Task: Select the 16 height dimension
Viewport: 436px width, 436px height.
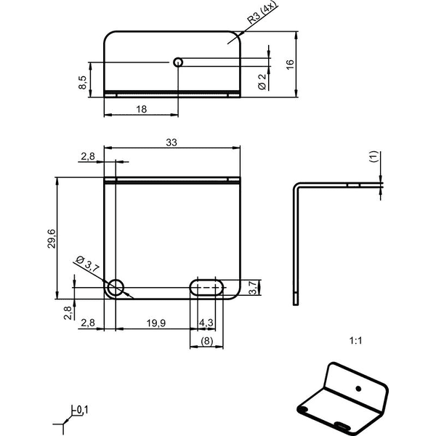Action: click(290, 64)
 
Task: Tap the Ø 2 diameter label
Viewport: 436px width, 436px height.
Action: click(262, 82)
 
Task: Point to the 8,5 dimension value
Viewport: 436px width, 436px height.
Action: click(83, 83)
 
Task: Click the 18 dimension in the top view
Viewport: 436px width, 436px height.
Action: click(141, 109)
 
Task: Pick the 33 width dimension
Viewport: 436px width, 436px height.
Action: click(171, 142)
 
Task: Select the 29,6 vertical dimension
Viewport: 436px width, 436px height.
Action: click(52, 239)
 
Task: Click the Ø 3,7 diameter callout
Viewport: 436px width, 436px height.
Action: click(87, 263)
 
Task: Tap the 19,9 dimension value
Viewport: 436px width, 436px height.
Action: click(156, 323)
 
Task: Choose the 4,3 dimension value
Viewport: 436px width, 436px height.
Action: click(206, 323)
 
